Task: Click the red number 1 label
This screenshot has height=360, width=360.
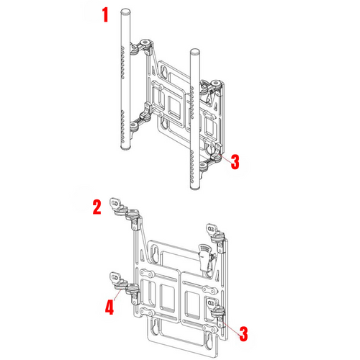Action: pyautogui.click(x=105, y=14)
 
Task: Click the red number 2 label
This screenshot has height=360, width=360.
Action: pyautogui.click(x=96, y=210)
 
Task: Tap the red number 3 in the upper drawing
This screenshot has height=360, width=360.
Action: pyautogui.click(x=234, y=161)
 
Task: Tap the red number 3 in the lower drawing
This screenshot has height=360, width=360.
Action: pyautogui.click(x=243, y=333)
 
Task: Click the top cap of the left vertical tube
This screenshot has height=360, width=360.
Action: pyautogui.click(x=125, y=11)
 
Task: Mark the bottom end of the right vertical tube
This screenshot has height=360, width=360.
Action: pyautogui.click(x=194, y=187)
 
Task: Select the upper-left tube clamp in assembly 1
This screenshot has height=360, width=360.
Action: pyautogui.click(x=146, y=47)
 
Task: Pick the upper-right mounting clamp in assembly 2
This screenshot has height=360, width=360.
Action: pyautogui.click(x=214, y=231)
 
